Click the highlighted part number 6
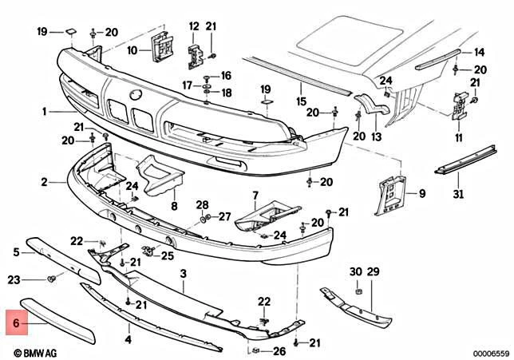pos(14,324)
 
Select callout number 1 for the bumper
pos(45,111)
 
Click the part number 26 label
pos(279,351)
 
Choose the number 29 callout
pos(374,272)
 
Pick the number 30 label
pos(356,272)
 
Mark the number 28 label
pos(202,204)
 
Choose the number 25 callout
pos(167,255)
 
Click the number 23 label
pos(14,279)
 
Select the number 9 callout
pos(422,192)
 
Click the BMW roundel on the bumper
pos(135,95)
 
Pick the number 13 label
pos(377,136)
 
